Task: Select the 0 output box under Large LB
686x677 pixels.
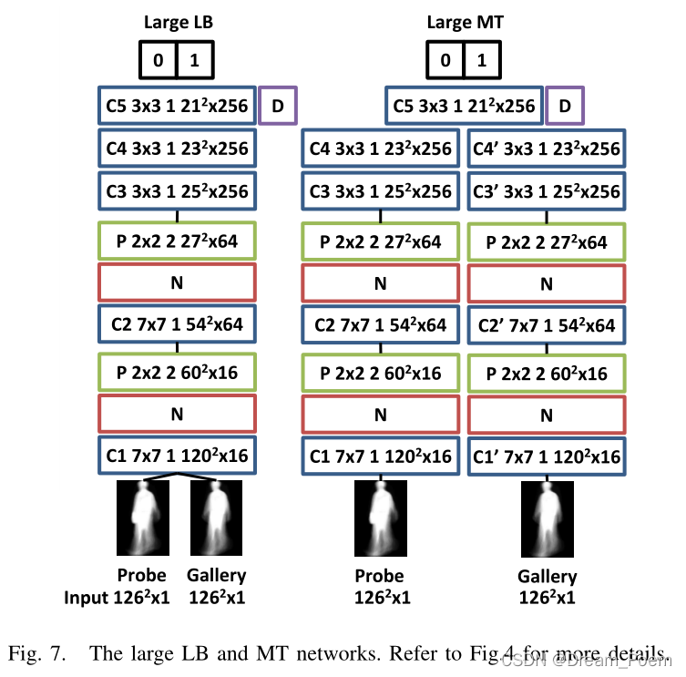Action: [158, 60]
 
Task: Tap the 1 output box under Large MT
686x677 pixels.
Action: [481, 60]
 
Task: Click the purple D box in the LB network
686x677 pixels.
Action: [278, 106]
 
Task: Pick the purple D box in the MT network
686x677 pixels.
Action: [565, 106]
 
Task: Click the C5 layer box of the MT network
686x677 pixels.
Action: [464, 106]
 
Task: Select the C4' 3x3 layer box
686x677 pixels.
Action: [547, 149]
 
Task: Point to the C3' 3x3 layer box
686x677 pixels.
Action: [547, 192]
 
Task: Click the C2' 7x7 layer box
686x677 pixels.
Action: [547, 325]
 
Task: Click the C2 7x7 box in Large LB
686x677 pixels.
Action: [177, 325]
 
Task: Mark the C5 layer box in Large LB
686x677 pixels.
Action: [177, 106]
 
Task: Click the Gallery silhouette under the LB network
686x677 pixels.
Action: [216, 519]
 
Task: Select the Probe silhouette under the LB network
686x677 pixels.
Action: [142, 519]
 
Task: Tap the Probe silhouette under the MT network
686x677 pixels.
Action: [379, 519]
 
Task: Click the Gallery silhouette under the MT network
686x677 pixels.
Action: [546, 519]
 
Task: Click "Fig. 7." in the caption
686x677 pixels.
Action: [36, 653]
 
